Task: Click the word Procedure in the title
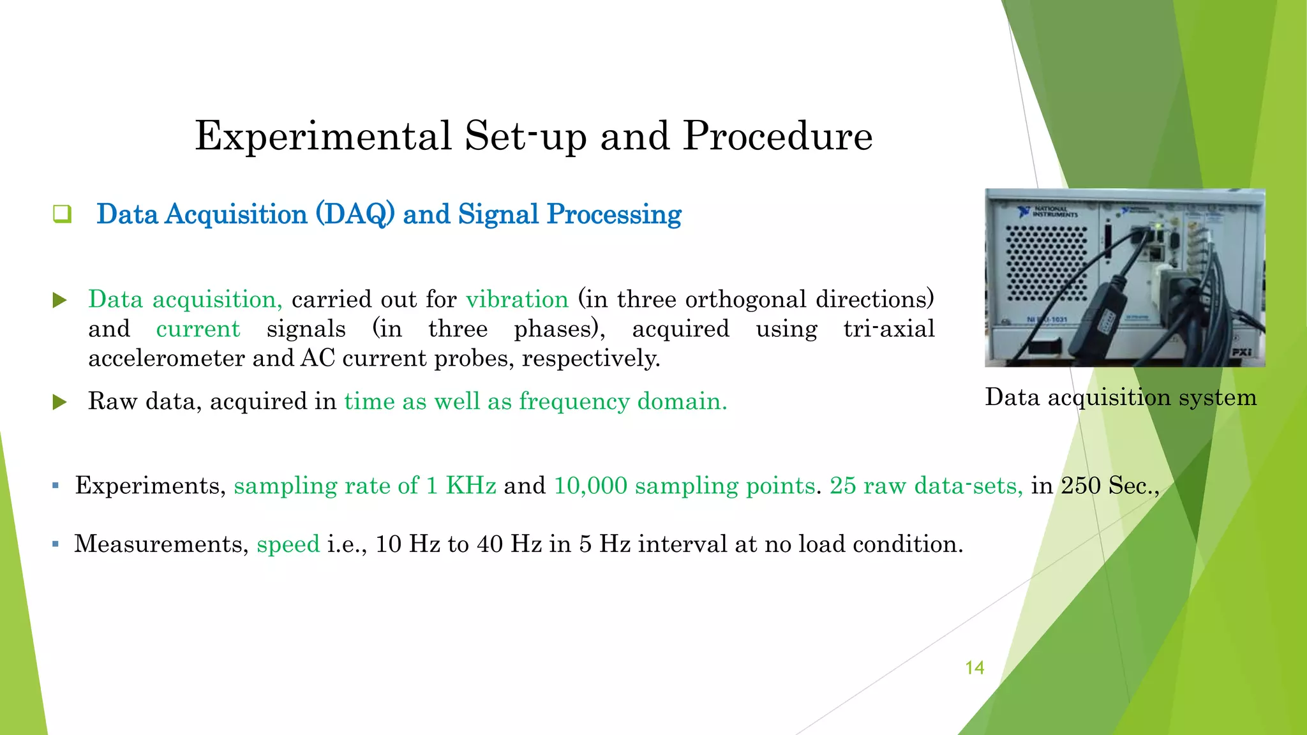(x=777, y=137)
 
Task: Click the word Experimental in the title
(x=323, y=137)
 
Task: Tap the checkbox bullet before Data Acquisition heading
(x=62, y=214)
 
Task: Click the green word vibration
(x=517, y=299)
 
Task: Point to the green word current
(x=198, y=329)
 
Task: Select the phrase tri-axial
(x=888, y=329)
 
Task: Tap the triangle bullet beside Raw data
(x=59, y=402)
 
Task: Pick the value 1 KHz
(x=461, y=486)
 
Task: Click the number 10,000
(x=590, y=486)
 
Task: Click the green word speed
(x=288, y=544)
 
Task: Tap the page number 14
(x=974, y=668)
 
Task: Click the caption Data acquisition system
(x=1120, y=397)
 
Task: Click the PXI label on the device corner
(x=1241, y=352)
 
